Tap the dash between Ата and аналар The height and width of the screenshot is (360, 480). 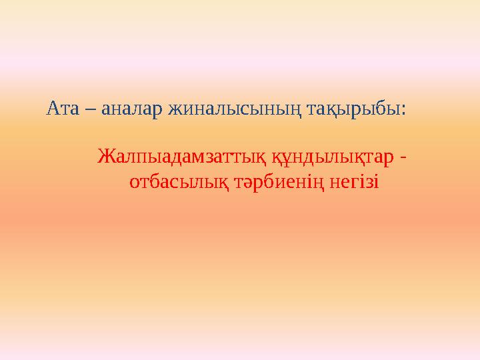89,109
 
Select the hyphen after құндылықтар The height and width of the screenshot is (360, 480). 405,160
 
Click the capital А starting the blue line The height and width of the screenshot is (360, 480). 52,108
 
